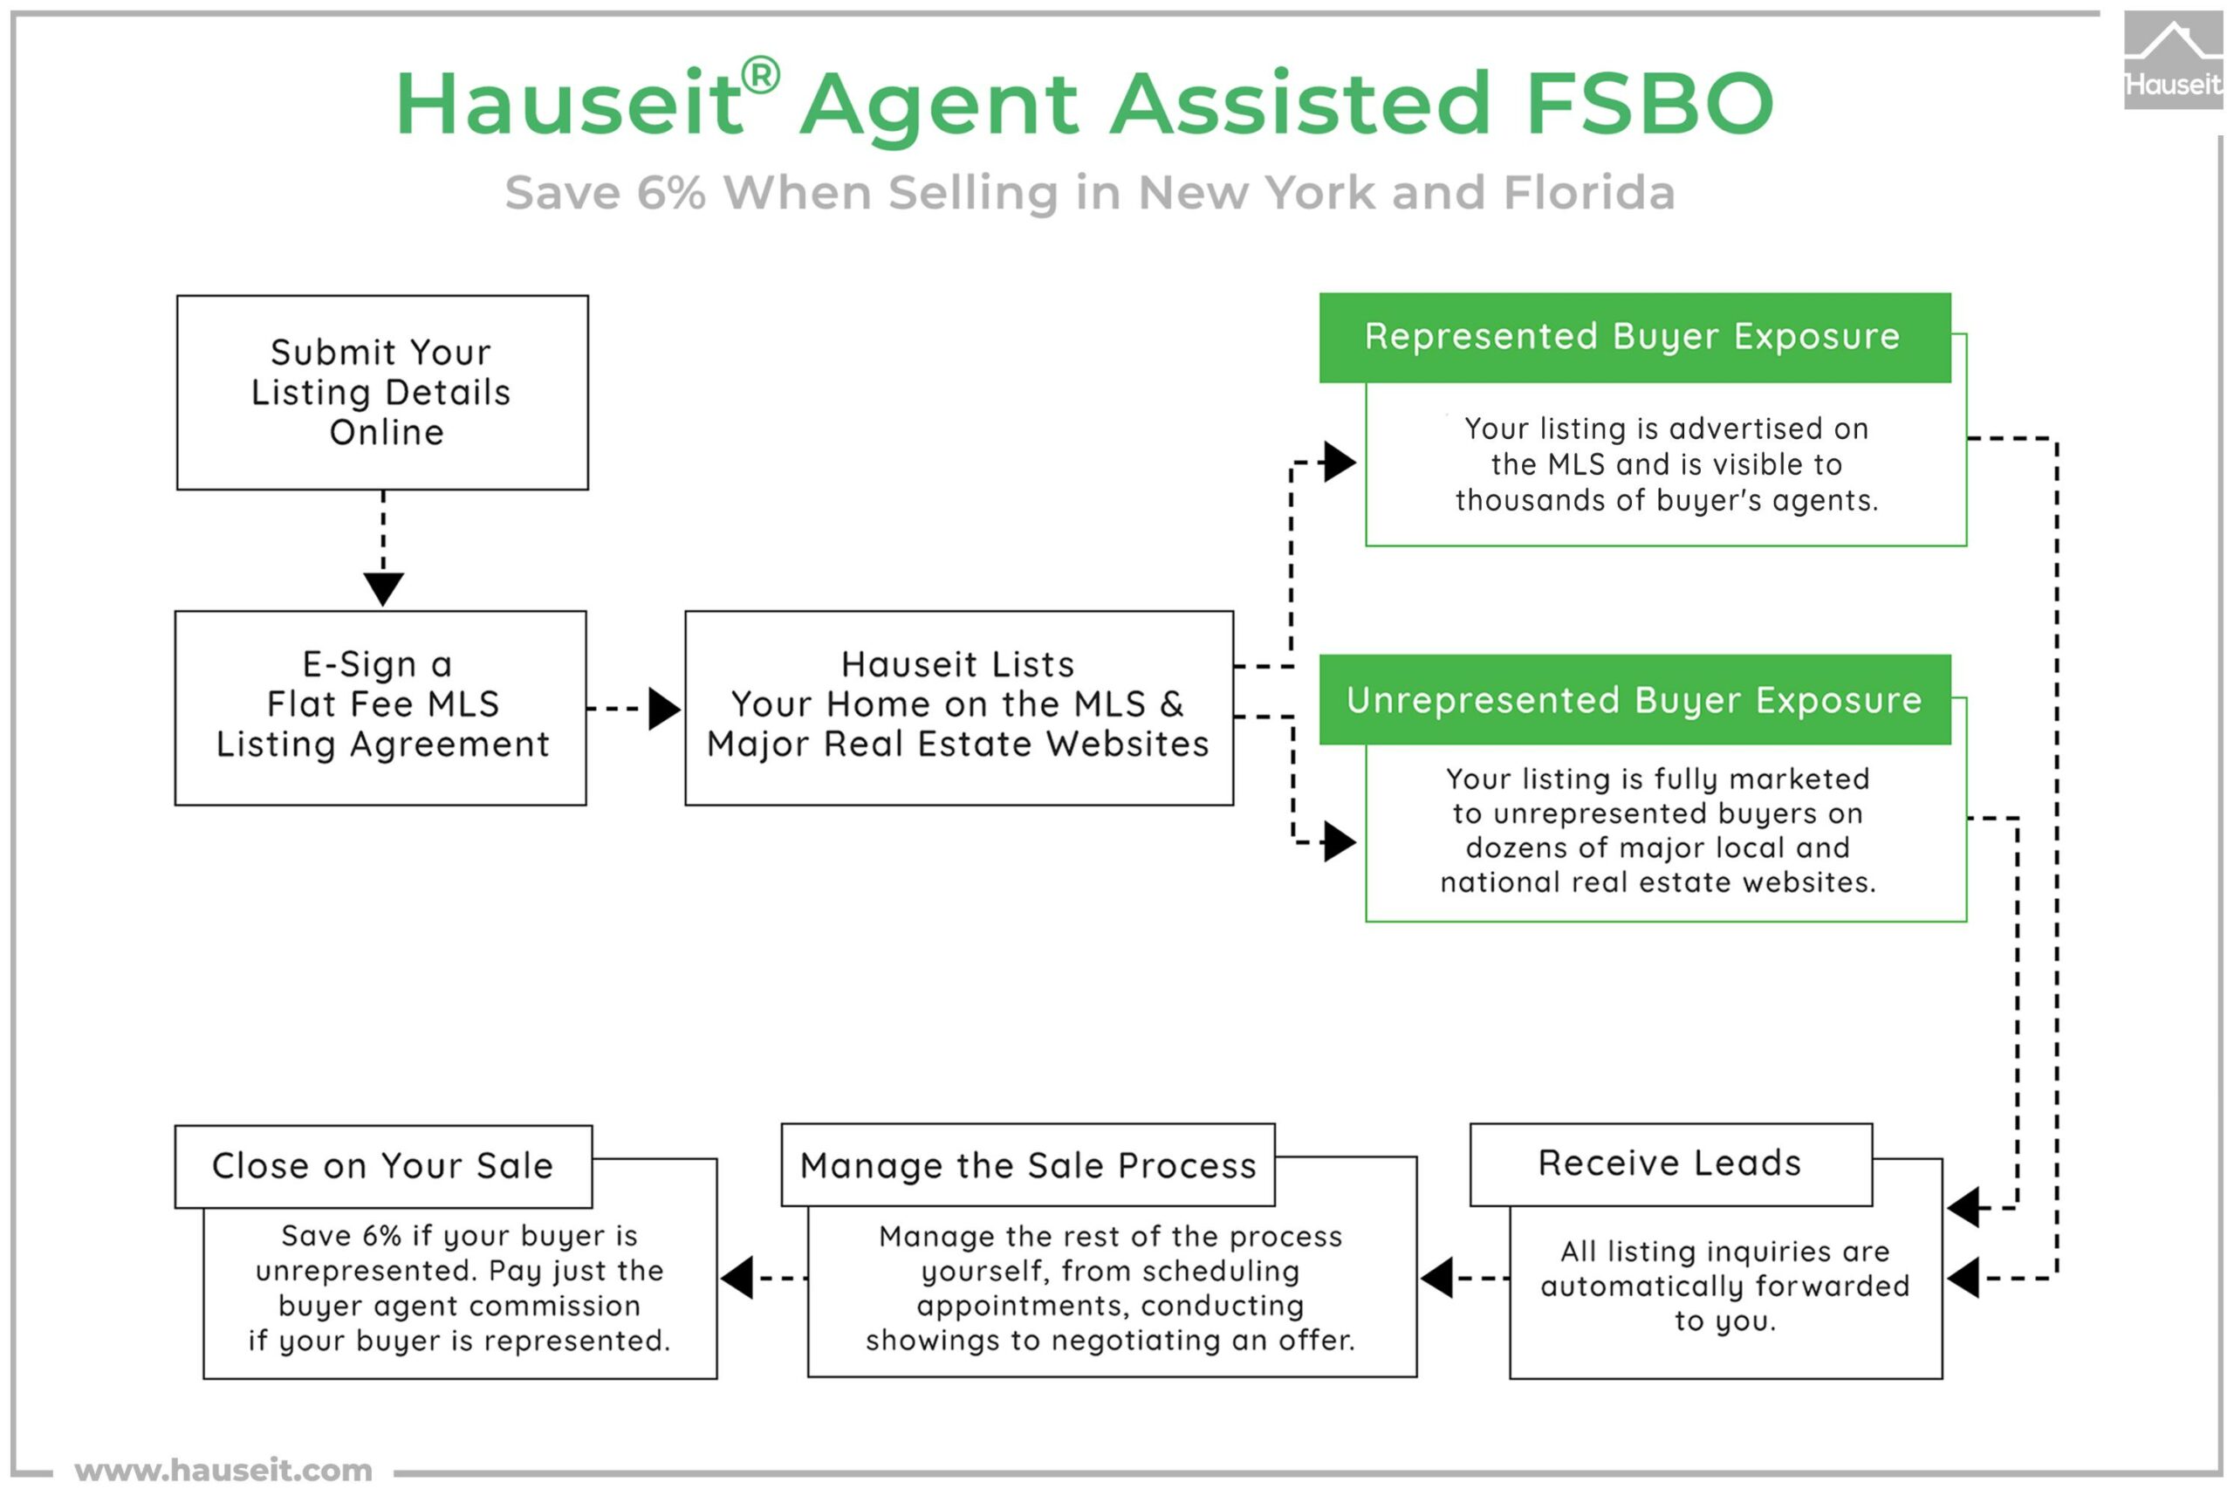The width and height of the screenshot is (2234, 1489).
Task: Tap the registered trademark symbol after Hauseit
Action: pos(759,75)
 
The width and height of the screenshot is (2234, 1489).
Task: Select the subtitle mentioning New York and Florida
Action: pos(1090,193)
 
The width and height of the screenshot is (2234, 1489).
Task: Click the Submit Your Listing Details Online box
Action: pos(382,392)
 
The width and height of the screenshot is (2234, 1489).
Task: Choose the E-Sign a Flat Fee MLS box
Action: pos(380,708)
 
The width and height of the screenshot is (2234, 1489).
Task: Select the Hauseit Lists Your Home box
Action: pos(959,708)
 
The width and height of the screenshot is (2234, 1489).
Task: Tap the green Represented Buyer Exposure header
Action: pos(1634,337)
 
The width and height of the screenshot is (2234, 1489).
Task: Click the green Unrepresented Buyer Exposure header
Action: pos(1634,700)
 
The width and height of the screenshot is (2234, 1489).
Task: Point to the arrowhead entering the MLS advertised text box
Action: pos(1340,463)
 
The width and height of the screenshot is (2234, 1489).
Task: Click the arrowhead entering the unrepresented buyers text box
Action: pos(1340,842)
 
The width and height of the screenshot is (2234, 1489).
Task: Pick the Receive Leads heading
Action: pos(1670,1163)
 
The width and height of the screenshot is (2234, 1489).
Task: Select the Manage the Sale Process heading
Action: pos(1028,1165)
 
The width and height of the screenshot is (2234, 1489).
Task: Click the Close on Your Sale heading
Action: pos(382,1165)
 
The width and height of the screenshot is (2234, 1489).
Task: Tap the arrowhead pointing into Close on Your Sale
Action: pos(737,1277)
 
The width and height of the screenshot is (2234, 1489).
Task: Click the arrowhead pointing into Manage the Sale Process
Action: pos(1436,1277)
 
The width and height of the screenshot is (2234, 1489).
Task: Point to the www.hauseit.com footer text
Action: pos(223,1470)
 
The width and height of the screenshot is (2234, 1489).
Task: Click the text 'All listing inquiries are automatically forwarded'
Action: pos(1725,1269)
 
